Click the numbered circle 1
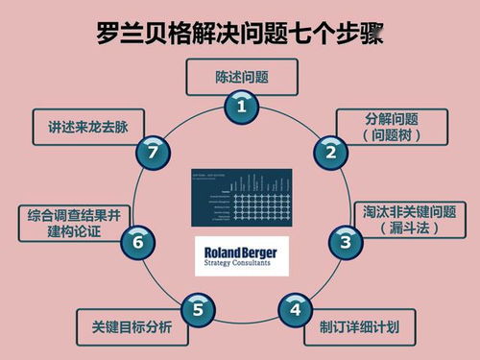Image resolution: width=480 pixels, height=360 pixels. pyautogui.click(x=241, y=108)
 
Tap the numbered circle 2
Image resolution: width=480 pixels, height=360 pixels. pyautogui.click(x=331, y=151)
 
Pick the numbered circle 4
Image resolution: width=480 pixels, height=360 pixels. pyautogui.click(x=295, y=309)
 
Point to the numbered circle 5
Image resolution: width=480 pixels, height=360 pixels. pyautogui.click(x=197, y=309)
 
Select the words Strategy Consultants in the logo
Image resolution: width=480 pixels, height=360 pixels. pyautogui.click(x=240, y=264)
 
